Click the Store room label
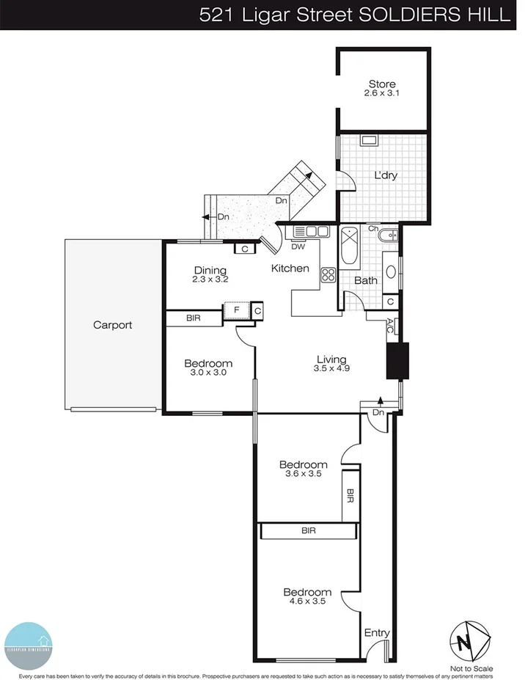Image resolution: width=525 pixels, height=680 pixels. click(382, 84)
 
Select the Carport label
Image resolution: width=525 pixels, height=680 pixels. click(113, 324)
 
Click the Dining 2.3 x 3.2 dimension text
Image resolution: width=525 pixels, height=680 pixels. click(211, 279)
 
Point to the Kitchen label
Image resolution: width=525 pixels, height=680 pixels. click(290, 268)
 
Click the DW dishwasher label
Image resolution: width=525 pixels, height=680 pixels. click(298, 246)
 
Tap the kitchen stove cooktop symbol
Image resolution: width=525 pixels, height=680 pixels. click(328, 276)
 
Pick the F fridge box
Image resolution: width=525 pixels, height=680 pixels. click(236, 310)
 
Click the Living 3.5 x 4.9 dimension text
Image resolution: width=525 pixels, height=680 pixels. click(331, 369)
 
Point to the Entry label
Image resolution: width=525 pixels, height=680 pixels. click(377, 633)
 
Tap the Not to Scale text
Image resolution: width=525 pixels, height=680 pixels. click(472, 668)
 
